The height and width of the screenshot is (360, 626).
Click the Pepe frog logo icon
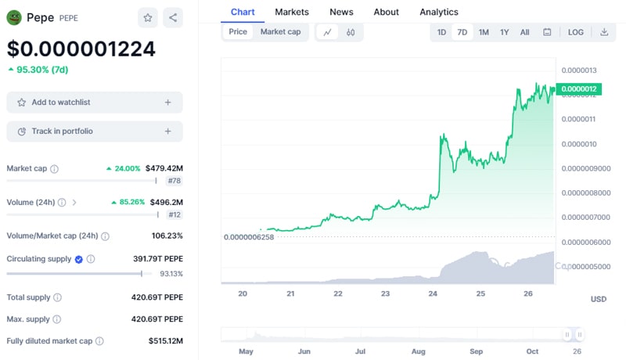(x=15, y=17)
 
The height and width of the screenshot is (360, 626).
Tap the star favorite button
(x=147, y=17)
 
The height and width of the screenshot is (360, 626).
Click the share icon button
(x=173, y=17)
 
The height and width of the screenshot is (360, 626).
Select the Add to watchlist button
(x=95, y=103)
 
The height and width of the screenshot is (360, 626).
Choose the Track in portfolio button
(x=95, y=131)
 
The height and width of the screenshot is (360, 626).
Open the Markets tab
(x=292, y=12)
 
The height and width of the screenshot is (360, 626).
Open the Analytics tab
(x=439, y=12)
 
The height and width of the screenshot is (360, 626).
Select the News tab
(x=341, y=12)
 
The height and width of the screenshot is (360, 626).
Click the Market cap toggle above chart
(x=280, y=32)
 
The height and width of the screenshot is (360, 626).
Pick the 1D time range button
(x=441, y=32)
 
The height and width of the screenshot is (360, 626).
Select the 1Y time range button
(x=505, y=32)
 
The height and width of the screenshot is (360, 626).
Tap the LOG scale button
(x=575, y=32)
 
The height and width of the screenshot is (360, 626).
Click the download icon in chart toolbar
(x=604, y=32)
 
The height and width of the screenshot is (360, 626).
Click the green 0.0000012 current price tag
(x=579, y=89)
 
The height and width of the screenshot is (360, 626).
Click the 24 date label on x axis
(x=433, y=293)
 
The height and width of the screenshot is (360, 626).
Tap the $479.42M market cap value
(x=164, y=168)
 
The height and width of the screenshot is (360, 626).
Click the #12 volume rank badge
(x=174, y=214)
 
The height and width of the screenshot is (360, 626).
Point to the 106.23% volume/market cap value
(x=167, y=236)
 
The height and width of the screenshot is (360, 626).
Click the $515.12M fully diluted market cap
(x=165, y=341)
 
